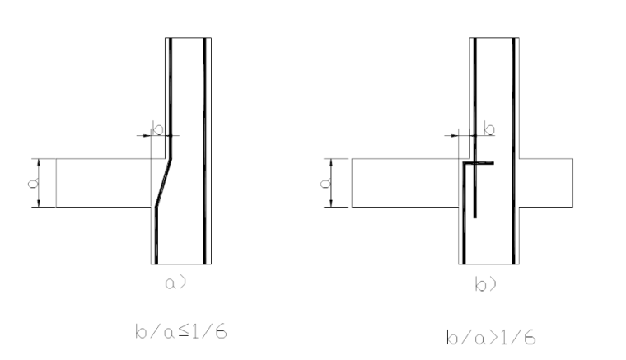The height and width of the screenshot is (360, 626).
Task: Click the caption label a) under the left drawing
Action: pyautogui.click(x=175, y=283)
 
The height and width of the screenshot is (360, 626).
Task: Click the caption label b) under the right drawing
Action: pyautogui.click(x=485, y=283)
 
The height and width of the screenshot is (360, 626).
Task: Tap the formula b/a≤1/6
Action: pyautogui.click(x=181, y=332)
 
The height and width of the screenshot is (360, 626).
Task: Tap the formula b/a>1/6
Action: pyautogui.click(x=491, y=338)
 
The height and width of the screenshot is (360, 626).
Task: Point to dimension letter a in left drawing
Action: pyautogui.click(x=34, y=183)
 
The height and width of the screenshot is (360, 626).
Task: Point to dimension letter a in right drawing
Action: pyautogui.click(x=326, y=183)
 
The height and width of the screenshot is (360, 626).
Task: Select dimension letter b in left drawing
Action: pyautogui.click(x=158, y=129)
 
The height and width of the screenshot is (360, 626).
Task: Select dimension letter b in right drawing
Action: pyautogui.click(x=489, y=129)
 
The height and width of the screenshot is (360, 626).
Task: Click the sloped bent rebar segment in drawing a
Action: pyautogui.click(x=164, y=183)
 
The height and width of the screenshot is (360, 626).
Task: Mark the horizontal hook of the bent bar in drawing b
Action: pyautogui.click(x=479, y=163)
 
